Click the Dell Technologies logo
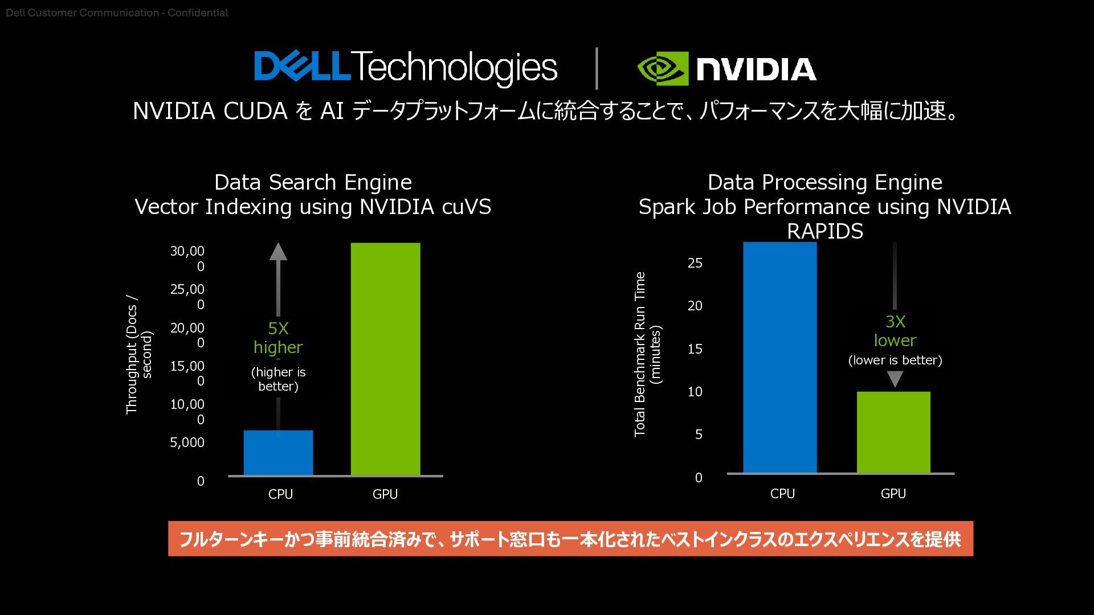pyautogui.click(x=406, y=68)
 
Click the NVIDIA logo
pyautogui.click(x=726, y=69)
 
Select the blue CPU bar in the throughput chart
pyautogui.click(x=278, y=453)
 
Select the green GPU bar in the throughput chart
pyautogui.click(x=385, y=359)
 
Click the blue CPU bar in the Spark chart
pyautogui.click(x=779, y=358)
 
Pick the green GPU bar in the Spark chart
pyautogui.click(x=893, y=432)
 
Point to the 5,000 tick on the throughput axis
pyautogui.click(x=187, y=442)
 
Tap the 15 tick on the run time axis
pyautogui.click(x=695, y=349)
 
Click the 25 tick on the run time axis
pyautogui.click(x=695, y=263)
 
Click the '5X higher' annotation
pyautogui.click(x=278, y=338)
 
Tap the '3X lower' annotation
pyautogui.click(x=895, y=331)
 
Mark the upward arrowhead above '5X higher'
pyautogui.click(x=278, y=252)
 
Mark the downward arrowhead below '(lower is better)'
pyautogui.click(x=895, y=379)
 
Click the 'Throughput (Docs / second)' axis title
pyautogui.click(x=139, y=354)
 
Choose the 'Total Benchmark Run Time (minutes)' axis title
pyautogui.click(x=647, y=354)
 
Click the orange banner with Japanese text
pyautogui.click(x=570, y=539)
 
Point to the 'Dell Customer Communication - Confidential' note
pyautogui.click(x=117, y=13)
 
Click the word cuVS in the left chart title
pyautogui.click(x=466, y=207)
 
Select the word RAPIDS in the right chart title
pyautogui.click(x=825, y=231)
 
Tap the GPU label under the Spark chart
pyautogui.click(x=893, y=494)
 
